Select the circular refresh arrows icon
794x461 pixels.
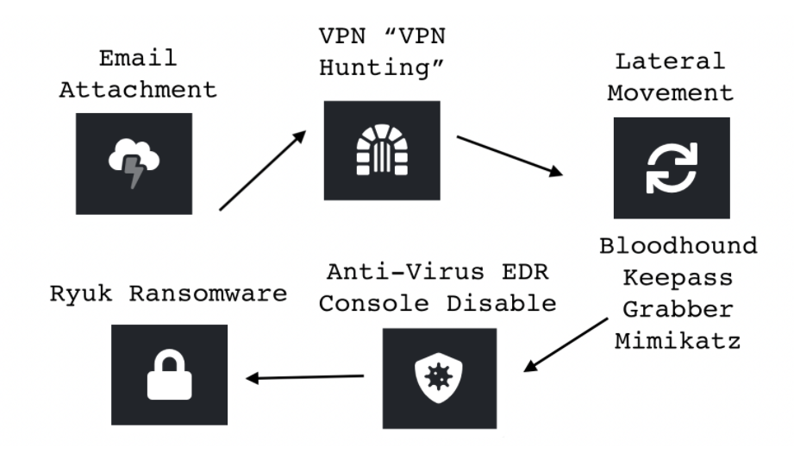(x=672, y=167)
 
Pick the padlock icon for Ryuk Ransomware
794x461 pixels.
(x=169, y=375)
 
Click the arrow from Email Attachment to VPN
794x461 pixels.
(x=264, y=170)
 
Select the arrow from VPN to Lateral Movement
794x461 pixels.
(x=510, y=155)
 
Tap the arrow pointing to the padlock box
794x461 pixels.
(x=305, y=377)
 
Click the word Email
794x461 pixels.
(x=137, y=59)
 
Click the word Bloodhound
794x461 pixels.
(x=679, y=245)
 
